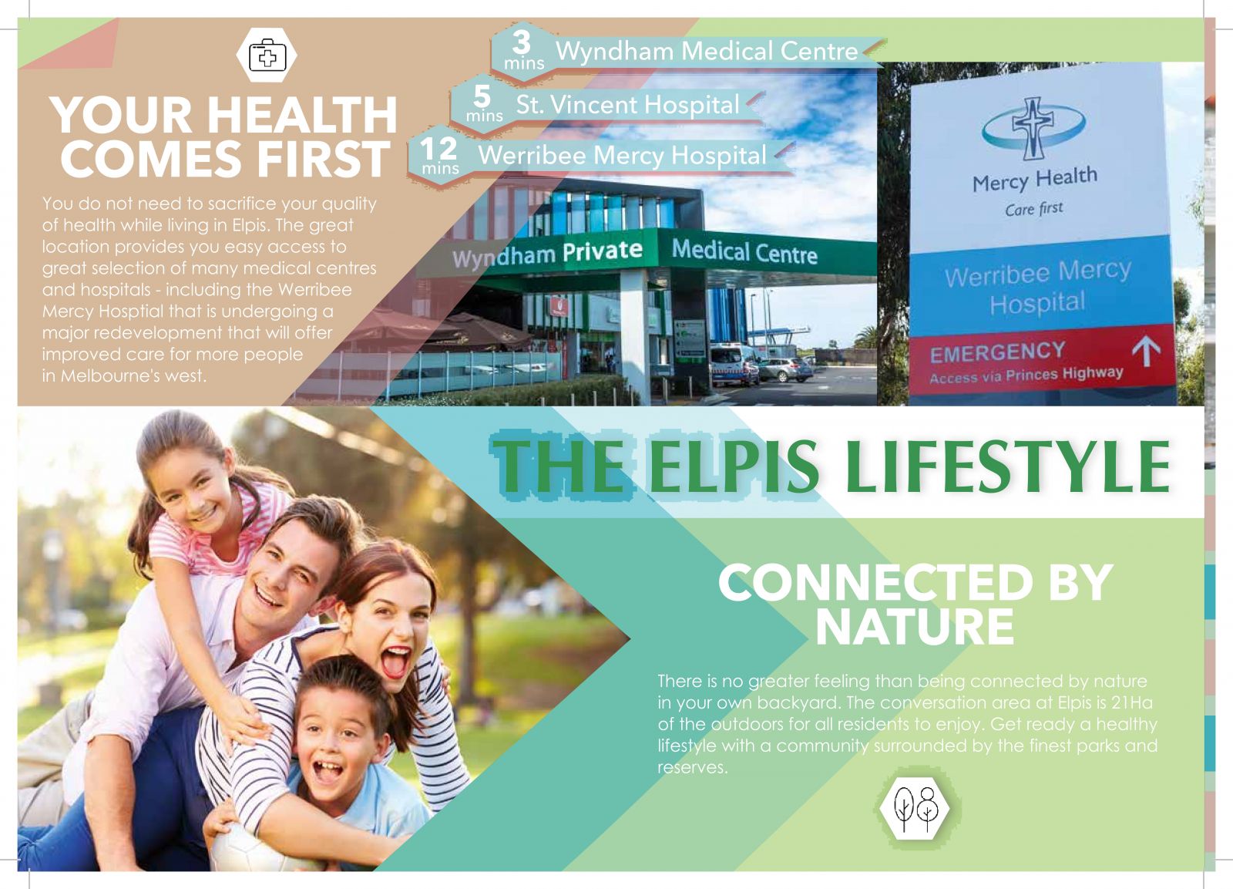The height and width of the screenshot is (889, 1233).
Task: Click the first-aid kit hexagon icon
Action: click(267, 55)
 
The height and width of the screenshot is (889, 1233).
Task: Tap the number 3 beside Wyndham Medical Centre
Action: click(521, 42)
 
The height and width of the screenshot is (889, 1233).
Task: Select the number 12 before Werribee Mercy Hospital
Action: click(438, 149)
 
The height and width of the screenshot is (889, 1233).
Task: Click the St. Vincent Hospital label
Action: click(627, 105)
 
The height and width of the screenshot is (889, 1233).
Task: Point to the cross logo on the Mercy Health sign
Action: click(1033, 128)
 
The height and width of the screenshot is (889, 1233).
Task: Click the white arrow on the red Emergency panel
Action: click(1146, 351)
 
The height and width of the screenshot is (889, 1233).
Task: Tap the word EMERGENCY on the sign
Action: click(997, 352)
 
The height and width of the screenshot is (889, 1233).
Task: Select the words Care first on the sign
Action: click(1033, 209)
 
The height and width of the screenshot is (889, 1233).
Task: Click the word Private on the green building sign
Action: click(602, 251)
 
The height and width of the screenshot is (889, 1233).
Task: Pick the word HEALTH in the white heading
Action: click(302, 115)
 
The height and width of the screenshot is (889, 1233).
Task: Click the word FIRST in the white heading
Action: click(323, 159)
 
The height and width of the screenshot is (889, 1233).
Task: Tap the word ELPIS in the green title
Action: click(734, 466)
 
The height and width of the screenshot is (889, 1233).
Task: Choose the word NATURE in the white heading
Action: click(914, 627)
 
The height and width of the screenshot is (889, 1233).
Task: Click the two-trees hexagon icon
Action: click(915, 808)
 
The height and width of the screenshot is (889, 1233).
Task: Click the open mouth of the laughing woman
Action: click(395, 662)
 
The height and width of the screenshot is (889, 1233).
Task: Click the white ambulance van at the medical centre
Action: click(733, 365)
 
